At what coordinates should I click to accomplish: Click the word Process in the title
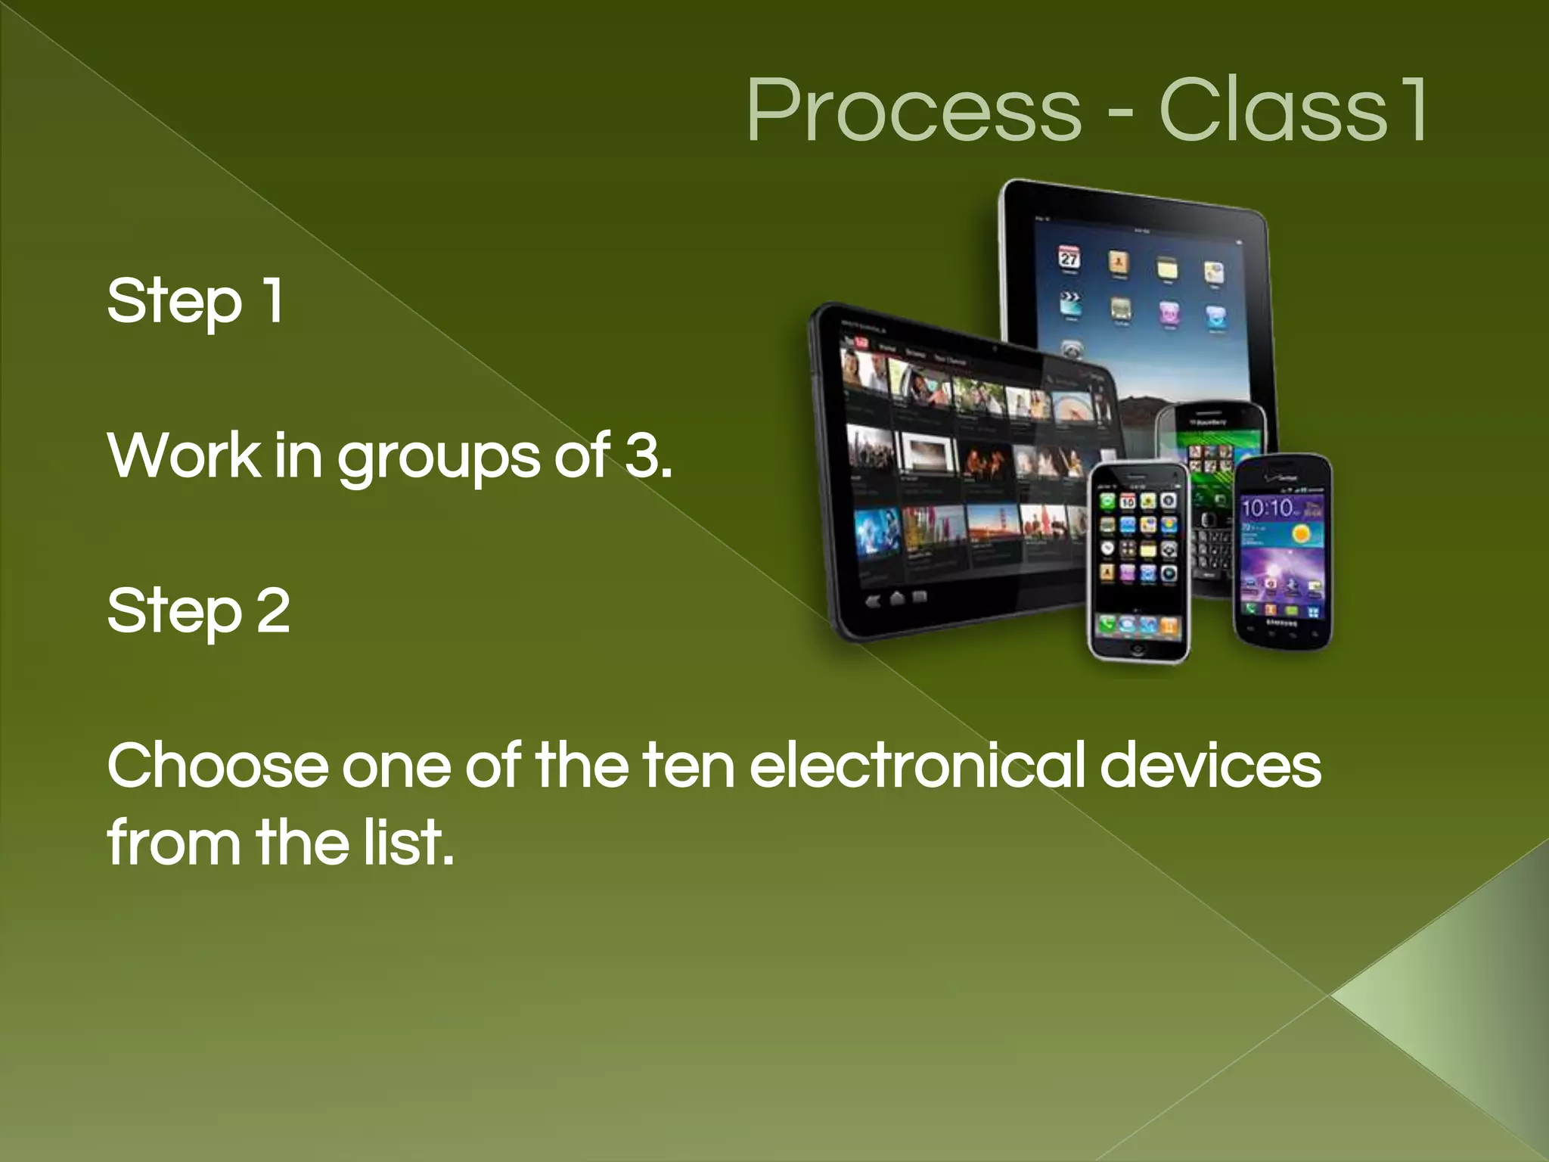pos(914,112)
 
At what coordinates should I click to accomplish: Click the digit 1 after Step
pos(272,300)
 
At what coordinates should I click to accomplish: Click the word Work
pos(184,456)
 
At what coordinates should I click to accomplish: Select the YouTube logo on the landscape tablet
pos(861,343)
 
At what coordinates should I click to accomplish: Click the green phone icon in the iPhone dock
pos(1107,625)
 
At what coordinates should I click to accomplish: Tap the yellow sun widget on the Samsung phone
pos(1301,535)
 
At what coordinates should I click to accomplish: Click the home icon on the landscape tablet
pos(897,598)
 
